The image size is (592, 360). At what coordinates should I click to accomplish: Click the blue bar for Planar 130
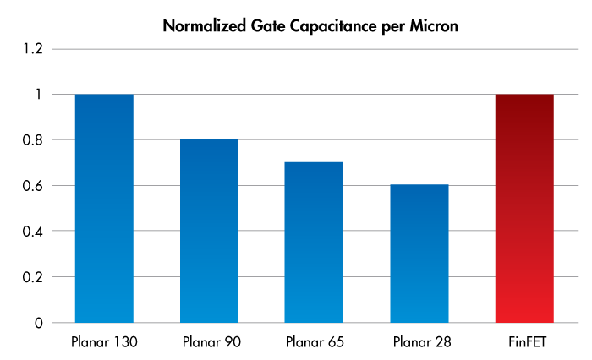click(x=104, y=208)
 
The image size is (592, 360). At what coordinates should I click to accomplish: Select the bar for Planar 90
click(x=209, y=231)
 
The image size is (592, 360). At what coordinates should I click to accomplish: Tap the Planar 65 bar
click(x=314, y=243)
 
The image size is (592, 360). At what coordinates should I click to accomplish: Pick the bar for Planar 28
click(x=419, y=254)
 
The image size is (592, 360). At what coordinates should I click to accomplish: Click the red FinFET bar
click(x=523, y=208)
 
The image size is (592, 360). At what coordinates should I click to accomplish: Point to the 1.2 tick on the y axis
click(x=31, y=49)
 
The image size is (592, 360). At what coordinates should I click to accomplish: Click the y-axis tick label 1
click(x=37, y=95)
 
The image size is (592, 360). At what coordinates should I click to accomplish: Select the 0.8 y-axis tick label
click(x=31, y=140)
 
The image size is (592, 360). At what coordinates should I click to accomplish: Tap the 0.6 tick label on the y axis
click(x=31, y=186)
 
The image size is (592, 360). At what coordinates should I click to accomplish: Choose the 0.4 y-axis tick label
click(x=31, y=232)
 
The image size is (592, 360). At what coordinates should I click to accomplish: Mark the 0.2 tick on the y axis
click(x=31, y=277)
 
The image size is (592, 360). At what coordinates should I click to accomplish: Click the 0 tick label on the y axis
click(x=37, y=323)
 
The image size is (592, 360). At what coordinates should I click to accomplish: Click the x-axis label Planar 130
click(x=104, y=343)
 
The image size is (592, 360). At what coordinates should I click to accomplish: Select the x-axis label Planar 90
click(x=209, y=343)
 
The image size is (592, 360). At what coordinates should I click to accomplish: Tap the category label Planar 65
click(x=314, y=343)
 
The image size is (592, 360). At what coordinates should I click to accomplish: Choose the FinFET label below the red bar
click(x=523, y=343)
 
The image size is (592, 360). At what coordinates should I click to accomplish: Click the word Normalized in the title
click(x=206, y=26)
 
